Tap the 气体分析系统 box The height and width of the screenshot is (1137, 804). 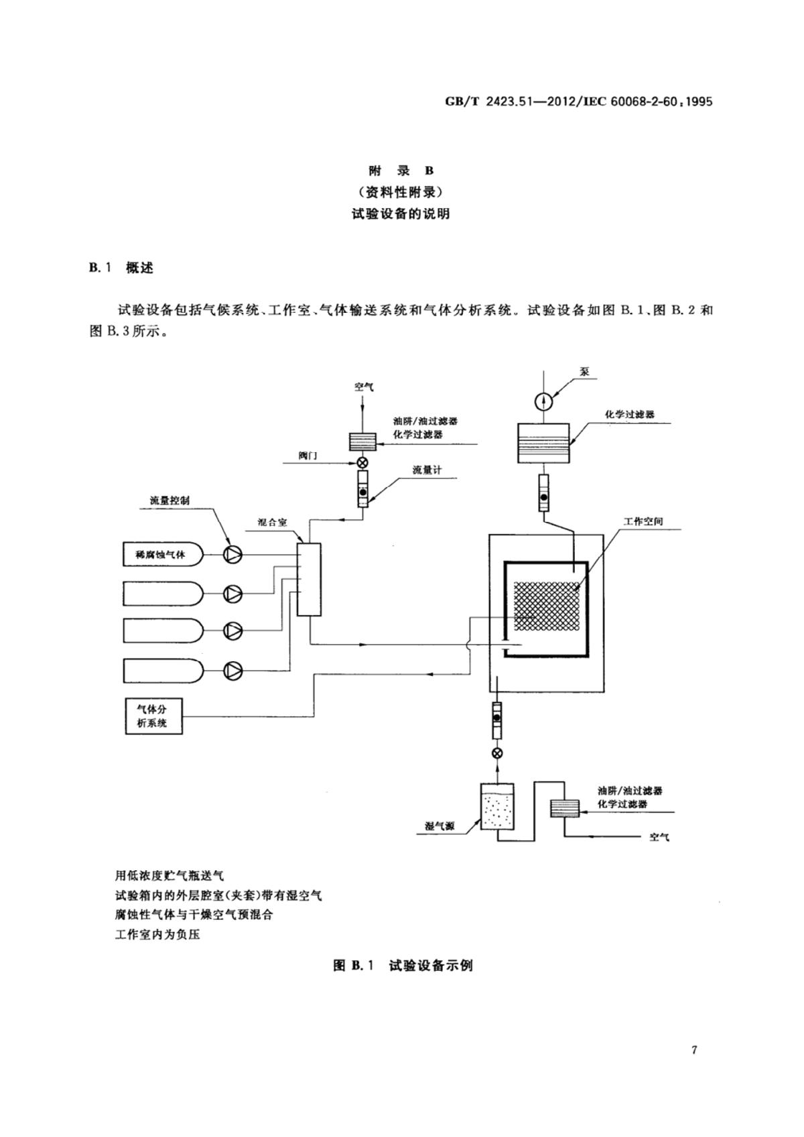[153, 716]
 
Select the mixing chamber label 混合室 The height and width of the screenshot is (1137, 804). [272, 522]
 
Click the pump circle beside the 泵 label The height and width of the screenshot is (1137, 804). [543, 401]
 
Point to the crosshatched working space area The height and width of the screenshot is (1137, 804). [547, 606]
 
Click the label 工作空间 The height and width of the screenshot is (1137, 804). [643, 521]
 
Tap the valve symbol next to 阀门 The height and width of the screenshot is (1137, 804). [362, 462]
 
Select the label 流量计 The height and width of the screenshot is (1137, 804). [427, 470]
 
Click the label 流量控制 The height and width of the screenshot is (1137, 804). [170, 500]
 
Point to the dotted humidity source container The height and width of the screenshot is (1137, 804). [497, 807]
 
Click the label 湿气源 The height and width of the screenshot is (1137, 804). [440, 826]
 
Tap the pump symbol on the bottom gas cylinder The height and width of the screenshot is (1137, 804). [232, 669]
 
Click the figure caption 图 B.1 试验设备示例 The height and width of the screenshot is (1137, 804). [403, 965]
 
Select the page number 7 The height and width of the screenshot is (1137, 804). [694, 1050]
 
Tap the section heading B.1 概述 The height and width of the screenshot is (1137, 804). [121, 268]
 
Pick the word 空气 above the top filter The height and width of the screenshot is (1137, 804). [364, 387]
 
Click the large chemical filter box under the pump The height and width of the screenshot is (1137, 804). [543, 443]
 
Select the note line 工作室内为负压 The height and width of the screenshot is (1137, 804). [157, 934]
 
